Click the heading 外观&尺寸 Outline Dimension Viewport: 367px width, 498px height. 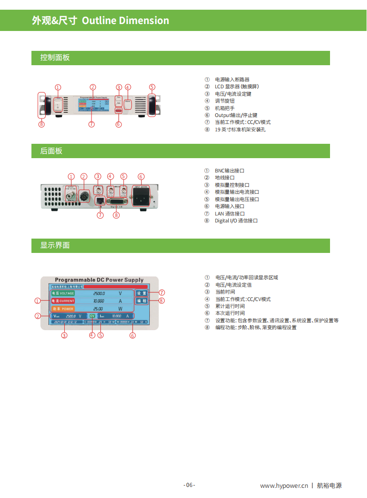(x=100, y=21)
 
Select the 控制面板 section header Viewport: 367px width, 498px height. (x=55, y=58)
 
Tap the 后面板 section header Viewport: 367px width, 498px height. (x=51, y=151)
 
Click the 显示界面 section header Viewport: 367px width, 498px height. (x=55, y=246)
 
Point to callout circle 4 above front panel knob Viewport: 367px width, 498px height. (x=128, y=87)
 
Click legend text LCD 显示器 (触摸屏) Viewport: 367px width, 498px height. (x=237, y=87)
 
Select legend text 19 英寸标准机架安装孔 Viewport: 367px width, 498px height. (x=240, y=129)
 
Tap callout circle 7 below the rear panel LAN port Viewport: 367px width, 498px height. (x=100, y=215)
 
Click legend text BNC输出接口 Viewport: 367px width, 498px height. (x=229, y=171)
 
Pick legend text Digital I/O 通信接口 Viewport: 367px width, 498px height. (x=236, y=221)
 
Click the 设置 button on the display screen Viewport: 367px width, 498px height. (x=141, y=293)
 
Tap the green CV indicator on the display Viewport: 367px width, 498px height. (x=92, y=316)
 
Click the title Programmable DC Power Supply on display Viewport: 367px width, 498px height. (x=99, y=280)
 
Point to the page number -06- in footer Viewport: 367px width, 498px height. (x=190, y=485)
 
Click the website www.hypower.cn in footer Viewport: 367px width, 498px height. (x=284, y=486)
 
